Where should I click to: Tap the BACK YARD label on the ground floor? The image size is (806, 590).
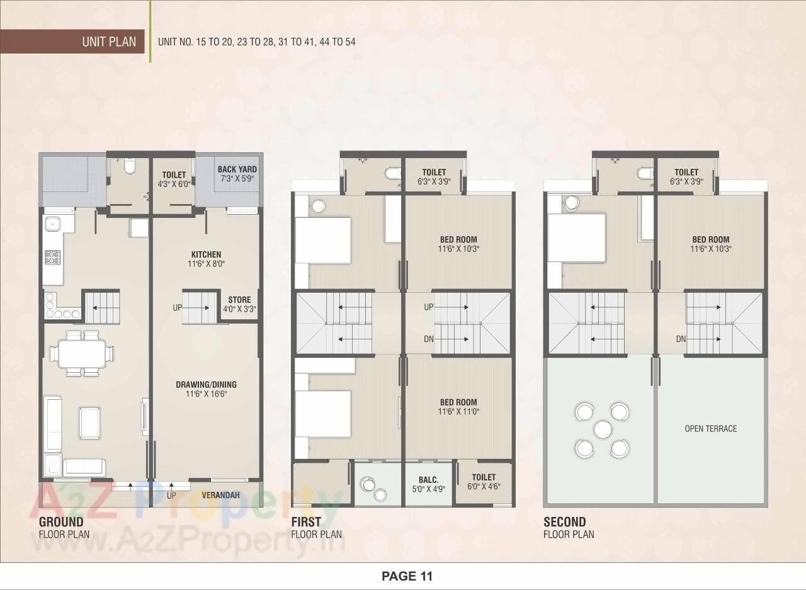[x=237, y=174]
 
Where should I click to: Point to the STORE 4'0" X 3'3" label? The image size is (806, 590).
[x=239, y=305]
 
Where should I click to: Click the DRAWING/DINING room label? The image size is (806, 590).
[x=206, y=389]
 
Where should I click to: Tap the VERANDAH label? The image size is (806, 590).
[x=220, y=496]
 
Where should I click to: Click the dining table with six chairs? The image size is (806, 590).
[x=83, y=353]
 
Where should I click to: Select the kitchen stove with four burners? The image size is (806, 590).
[x=52, y=258]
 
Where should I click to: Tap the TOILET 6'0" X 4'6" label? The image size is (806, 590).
[x=484, y=482]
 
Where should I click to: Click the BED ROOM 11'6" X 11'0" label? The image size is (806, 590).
[x=458, y=407]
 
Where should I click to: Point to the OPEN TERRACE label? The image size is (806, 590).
[x=710, y=429]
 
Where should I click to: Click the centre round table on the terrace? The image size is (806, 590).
[x=603, y=430]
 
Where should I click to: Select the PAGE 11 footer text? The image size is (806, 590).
[x=407, y=576]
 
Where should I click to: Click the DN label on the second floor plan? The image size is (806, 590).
[x=681, y=339]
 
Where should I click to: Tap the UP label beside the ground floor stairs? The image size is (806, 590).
[x=178, y=308]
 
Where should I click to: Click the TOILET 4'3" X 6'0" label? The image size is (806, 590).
[x=174, y=179]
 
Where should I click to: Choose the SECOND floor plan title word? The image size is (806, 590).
[x=564, y=522]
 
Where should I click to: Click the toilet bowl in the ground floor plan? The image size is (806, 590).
[x=129, y=166]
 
